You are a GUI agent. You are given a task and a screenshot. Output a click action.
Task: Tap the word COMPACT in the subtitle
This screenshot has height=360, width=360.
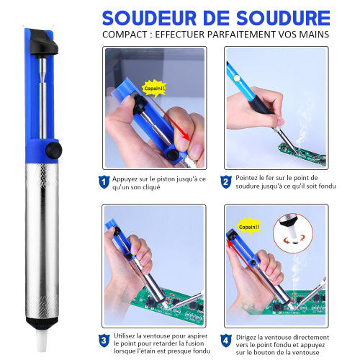point(125,35)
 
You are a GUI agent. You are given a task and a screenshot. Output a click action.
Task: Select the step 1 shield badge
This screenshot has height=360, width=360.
point(104,182)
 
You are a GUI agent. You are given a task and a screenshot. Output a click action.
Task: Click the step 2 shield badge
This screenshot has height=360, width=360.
point(226,182)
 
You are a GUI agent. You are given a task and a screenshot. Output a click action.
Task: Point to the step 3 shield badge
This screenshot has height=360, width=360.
point(104,341)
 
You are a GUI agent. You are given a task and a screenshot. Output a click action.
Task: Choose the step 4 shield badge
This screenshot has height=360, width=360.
point(226,341)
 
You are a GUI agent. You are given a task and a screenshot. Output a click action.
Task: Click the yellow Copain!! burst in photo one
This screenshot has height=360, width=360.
point(154,89)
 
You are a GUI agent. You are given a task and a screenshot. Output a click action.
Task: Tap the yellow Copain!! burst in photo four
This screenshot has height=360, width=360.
point(249,227)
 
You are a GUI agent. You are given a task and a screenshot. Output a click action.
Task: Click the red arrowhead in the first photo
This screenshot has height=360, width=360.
point(186,137)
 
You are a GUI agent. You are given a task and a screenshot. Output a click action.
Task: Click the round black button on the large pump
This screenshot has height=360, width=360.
point(54,150)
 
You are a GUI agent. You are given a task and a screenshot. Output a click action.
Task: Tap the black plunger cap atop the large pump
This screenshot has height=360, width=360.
point(43,43)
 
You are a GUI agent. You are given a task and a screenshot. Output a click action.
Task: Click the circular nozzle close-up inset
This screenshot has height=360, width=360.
point(293,233)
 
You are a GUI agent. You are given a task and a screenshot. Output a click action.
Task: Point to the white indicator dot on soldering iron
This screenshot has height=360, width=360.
point(237,78)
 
